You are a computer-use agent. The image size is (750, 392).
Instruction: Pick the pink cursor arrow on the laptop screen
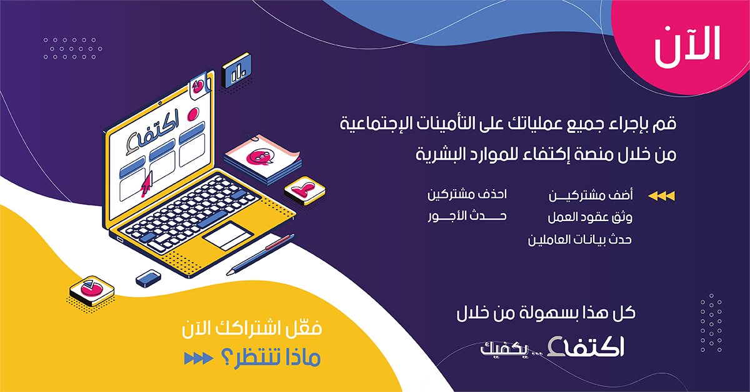(x=146, y=185)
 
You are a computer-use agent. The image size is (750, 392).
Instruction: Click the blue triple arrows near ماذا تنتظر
(x=198, y=358)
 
